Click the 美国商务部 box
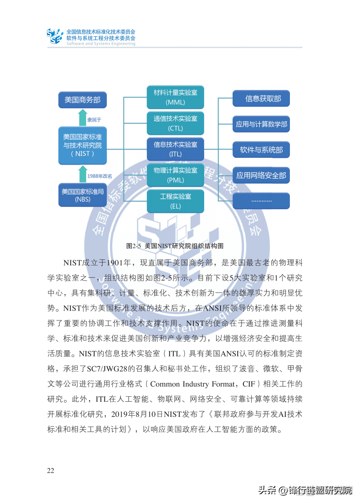[x=82, y=100]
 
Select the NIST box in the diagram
[x=82, y=145]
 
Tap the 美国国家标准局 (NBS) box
[x=82, y=195]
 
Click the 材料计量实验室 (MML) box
[x=175, y=97]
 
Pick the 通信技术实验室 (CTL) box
[x=175, y=123]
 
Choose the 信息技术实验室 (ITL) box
[x=175, y=149]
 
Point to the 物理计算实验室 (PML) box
[x=175, y=175]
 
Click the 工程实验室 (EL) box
[x=175, y=201]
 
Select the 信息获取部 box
[x=261, y=99]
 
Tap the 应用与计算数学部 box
[x=261, y=124]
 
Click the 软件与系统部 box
[x=261, y=150]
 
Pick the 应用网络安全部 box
[x=261, y=175]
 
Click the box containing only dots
[x=261, y=201]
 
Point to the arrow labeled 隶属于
[x=83, y=118]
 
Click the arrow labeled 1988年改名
[x=83, y=174]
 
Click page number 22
[x=51, y=471]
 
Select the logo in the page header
[x=55, y=36]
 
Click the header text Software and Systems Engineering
[x=101, y=44]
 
